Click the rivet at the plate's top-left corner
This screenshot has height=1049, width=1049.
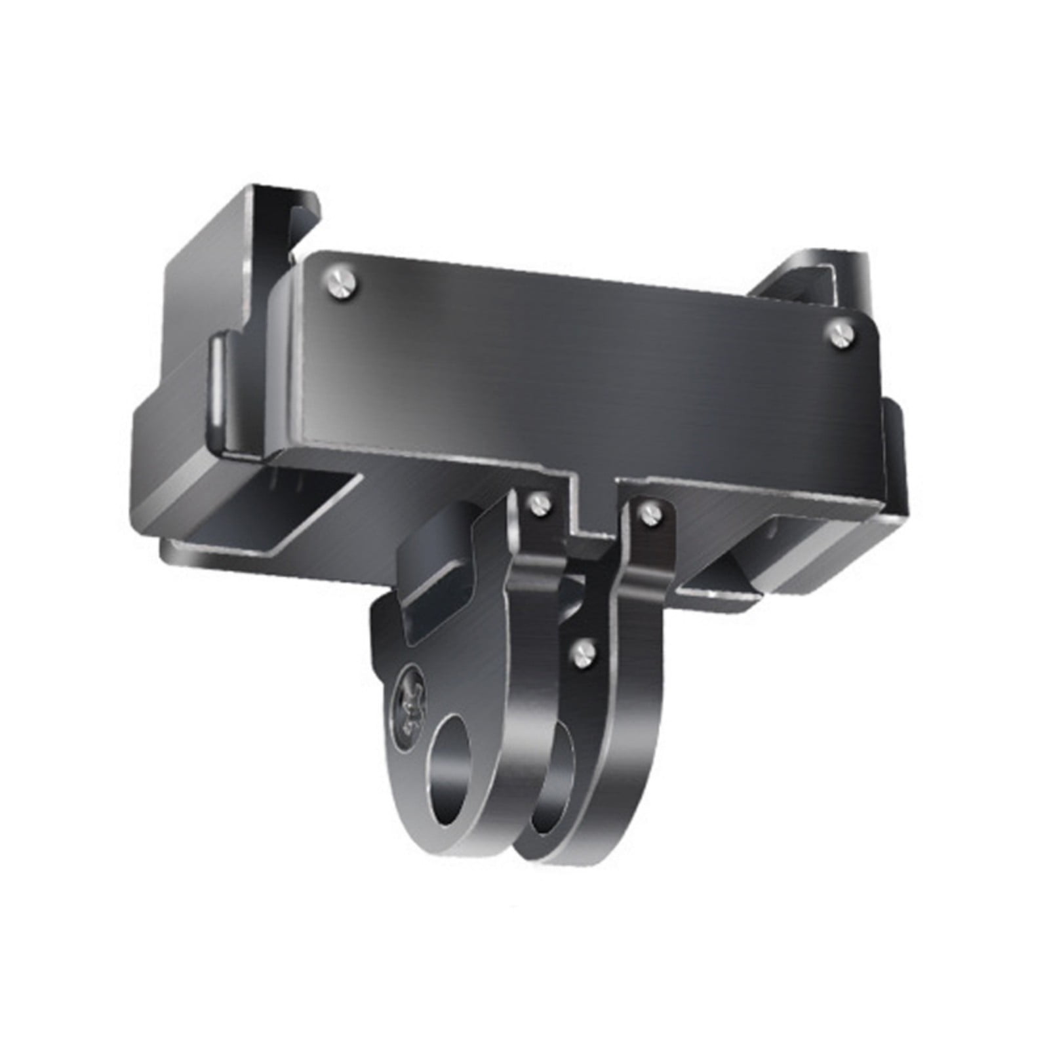tap(342, 279)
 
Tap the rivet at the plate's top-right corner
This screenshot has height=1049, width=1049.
tap(841, 333)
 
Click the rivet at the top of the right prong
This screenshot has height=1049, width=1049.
tap(651, 511)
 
